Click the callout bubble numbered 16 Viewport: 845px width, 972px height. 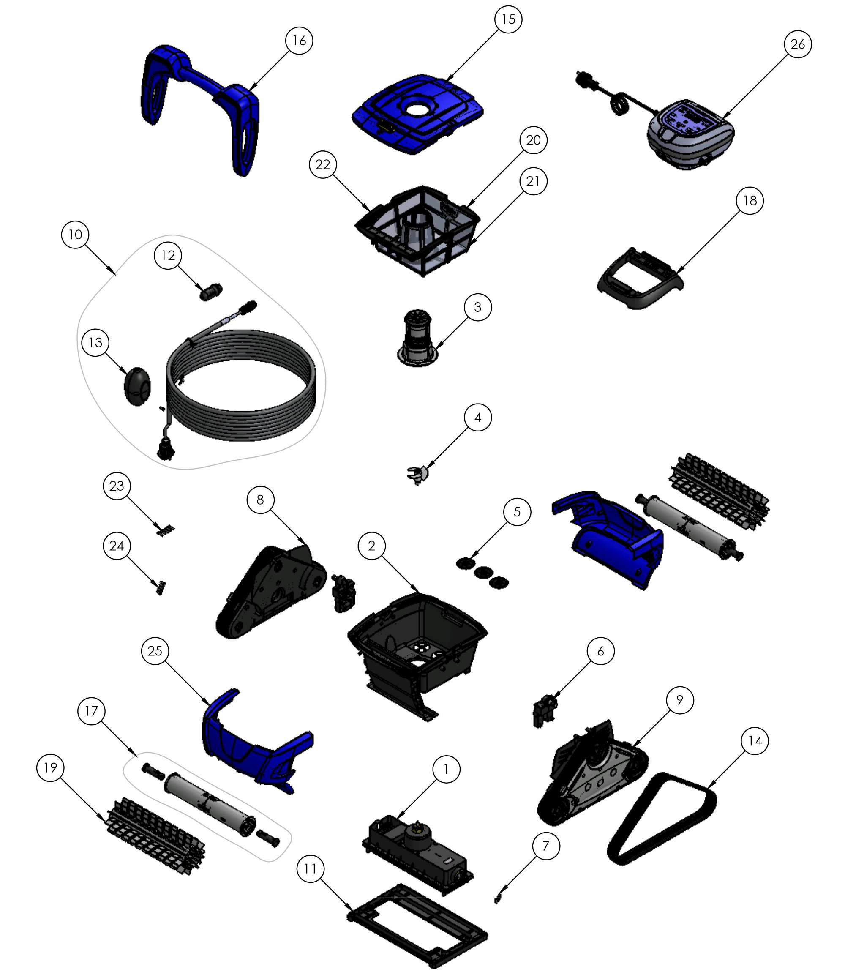tap(300, 41)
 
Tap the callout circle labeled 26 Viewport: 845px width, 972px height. tap(797, 44)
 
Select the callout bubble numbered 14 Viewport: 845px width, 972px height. tap(755, 741)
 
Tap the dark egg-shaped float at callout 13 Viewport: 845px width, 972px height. tap(137, 386)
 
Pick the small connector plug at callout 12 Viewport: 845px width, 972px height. tap(211, 292)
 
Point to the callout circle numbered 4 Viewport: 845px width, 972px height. tap(478, 418)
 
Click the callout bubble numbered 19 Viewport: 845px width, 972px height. tap(50, 768)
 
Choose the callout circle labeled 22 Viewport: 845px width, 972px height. tap(323, 164)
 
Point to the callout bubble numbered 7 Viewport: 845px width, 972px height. tap(545, 846)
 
